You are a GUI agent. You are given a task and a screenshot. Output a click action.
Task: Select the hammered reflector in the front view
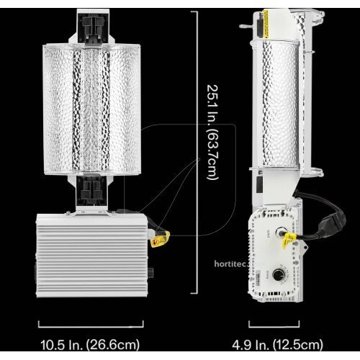pyautogui.click(x=94, y=108)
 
